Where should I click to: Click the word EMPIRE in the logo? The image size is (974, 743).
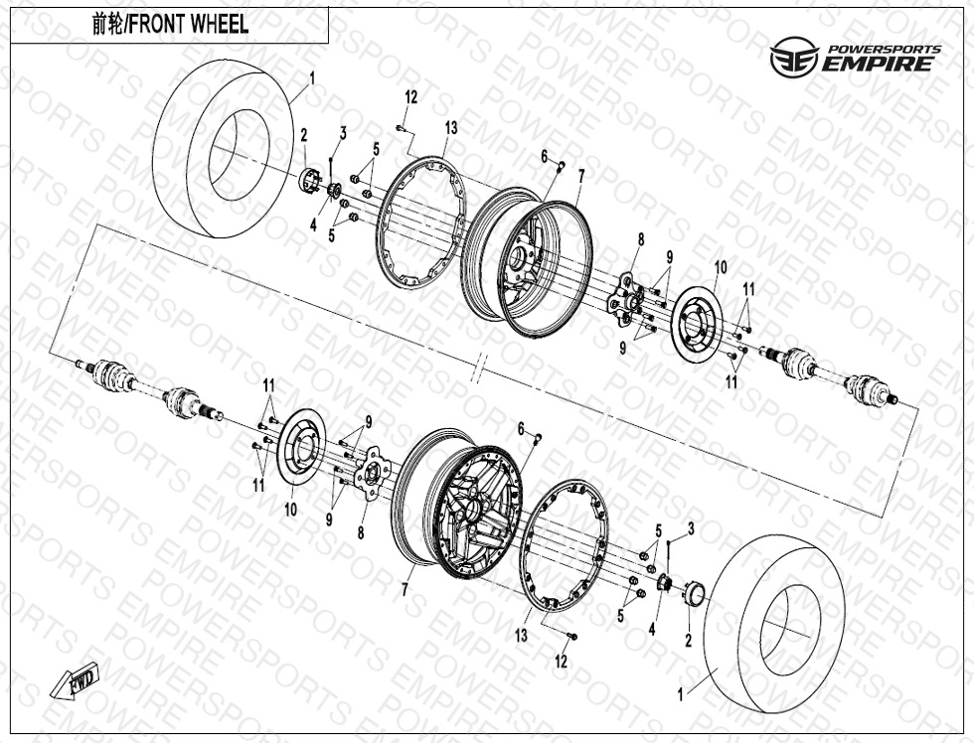tap(878, 65)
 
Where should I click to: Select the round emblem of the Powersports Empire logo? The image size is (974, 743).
tap(791, 58)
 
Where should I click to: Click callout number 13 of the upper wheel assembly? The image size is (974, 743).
tap(451, 127)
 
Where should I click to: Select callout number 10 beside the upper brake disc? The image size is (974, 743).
tap(721, 267)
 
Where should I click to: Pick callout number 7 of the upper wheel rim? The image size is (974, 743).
tap(580, 175)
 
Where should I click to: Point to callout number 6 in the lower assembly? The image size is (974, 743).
tap(520, 427)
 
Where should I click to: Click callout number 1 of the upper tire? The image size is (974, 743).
tap(311, 76)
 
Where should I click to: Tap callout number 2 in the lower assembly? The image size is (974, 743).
tap(688, 642)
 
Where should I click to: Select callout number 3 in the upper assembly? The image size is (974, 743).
tap(342, 132)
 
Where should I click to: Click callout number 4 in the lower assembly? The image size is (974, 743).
tap(652, 628)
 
